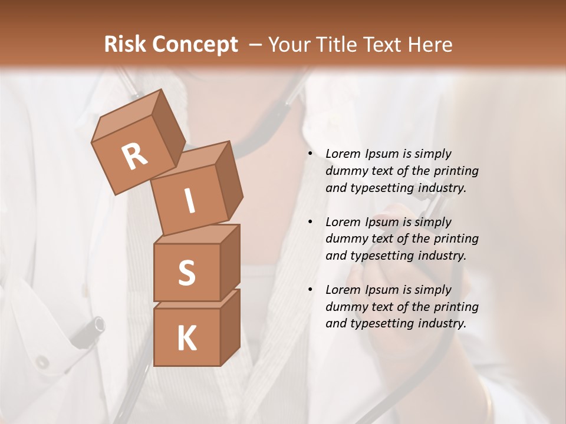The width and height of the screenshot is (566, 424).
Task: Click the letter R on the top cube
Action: (x=134, y=156)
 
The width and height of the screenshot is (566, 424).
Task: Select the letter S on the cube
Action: (x=186, y=273)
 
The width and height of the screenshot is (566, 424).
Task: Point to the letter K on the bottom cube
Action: (x=186, y=339)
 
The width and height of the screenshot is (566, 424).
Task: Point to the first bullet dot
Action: (x=311, y=154)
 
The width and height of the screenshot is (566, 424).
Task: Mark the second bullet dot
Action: (x=311, y=222)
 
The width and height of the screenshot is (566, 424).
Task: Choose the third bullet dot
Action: (x=311, y=290)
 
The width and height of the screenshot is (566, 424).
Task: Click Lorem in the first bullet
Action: (x=342, y=154)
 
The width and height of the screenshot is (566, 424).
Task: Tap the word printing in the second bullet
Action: (x=456, y=239)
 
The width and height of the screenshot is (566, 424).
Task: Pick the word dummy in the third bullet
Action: (x=344, y=307)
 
